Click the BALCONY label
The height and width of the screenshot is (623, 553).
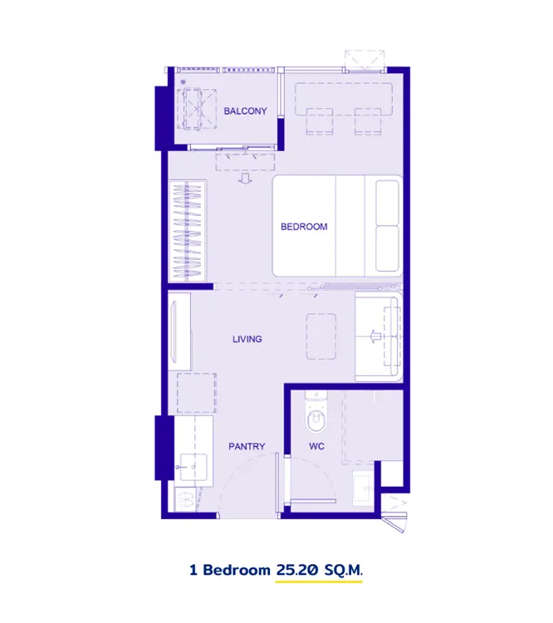pos(245,110)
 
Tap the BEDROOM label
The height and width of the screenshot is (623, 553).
pos(304,227)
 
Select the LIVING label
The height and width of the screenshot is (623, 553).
pos(247,339)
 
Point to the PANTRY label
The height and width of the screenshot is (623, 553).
pos(247,447)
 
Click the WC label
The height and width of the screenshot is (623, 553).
pos(316,447)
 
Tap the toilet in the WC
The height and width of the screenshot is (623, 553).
pos(316,413)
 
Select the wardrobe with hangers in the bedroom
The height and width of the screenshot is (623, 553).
pos(187,231)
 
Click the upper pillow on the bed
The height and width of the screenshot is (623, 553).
pos(387,203)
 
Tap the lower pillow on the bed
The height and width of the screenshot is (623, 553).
pos(387,248)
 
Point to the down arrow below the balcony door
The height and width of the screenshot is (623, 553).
pos(245,179)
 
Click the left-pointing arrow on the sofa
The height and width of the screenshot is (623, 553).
pos(374,336)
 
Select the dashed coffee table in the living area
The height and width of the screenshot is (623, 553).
pos(321,336)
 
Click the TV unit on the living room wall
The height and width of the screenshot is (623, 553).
pos(180,331)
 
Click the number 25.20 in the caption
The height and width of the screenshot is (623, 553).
pos(297,570)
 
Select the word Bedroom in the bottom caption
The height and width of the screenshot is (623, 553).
pos(237,570)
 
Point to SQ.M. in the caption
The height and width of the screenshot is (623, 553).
pos(343,570)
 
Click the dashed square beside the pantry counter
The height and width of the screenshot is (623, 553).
pos(197,393)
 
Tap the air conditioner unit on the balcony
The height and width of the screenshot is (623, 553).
pos(197,109)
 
